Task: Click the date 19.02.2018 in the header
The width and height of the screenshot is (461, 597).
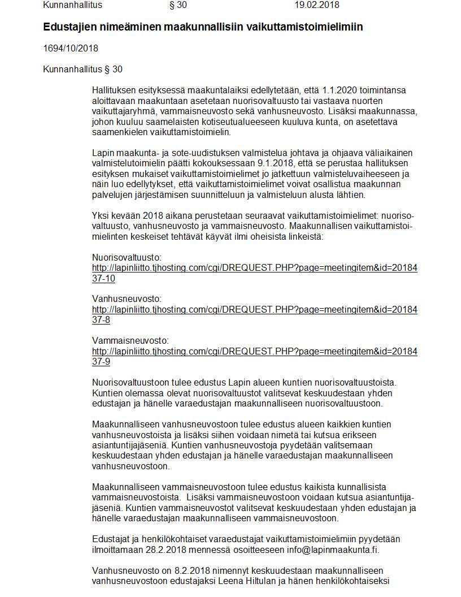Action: pyautogui.click(x=316, y=5)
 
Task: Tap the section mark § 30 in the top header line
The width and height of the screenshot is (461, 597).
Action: pyautogui.click(x=178, y=5)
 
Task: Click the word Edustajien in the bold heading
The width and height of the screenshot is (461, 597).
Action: pyautogui.click(x=68, y=27)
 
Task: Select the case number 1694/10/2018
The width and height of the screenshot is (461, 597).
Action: pyautogui.click(x=71, y=49)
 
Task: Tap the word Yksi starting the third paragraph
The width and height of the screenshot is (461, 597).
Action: pyautogui.click(x=101, y=215)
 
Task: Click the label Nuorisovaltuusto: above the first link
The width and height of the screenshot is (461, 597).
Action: pyautogui.click(x=127, y=257)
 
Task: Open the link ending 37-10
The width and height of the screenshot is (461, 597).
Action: pyautogui.click(x=254, y=267)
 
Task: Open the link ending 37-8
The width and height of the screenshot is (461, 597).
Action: pyautogui.click(x=254, y=309)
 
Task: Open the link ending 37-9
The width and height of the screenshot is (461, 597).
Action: pyautogui.click(x=254, y=351)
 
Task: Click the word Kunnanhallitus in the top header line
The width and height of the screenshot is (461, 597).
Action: pyautogui.click(x=72, y=5)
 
